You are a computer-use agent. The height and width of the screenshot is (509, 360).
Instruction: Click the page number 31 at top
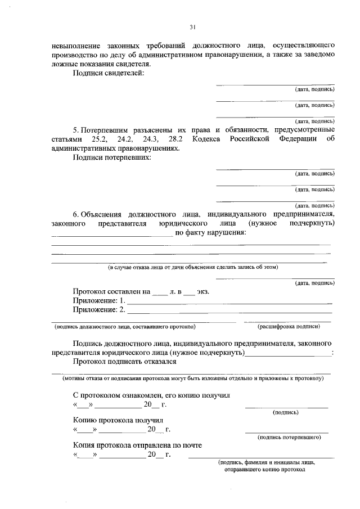[192, 26]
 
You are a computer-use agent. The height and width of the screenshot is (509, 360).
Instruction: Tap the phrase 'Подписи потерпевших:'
[112, 158]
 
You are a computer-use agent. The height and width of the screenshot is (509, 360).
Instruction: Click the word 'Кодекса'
[206, 138]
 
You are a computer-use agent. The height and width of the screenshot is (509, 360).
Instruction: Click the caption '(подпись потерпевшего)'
[289, 436]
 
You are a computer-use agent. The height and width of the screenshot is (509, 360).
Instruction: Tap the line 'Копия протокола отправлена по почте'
[137, 445]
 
